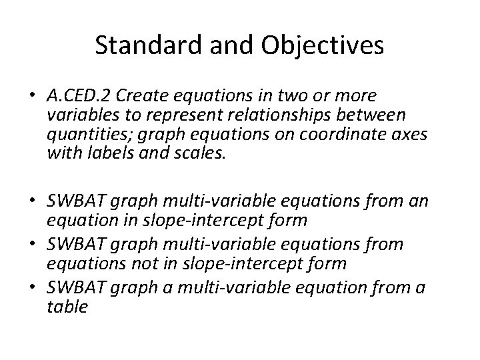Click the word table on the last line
(x=67, y=308)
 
